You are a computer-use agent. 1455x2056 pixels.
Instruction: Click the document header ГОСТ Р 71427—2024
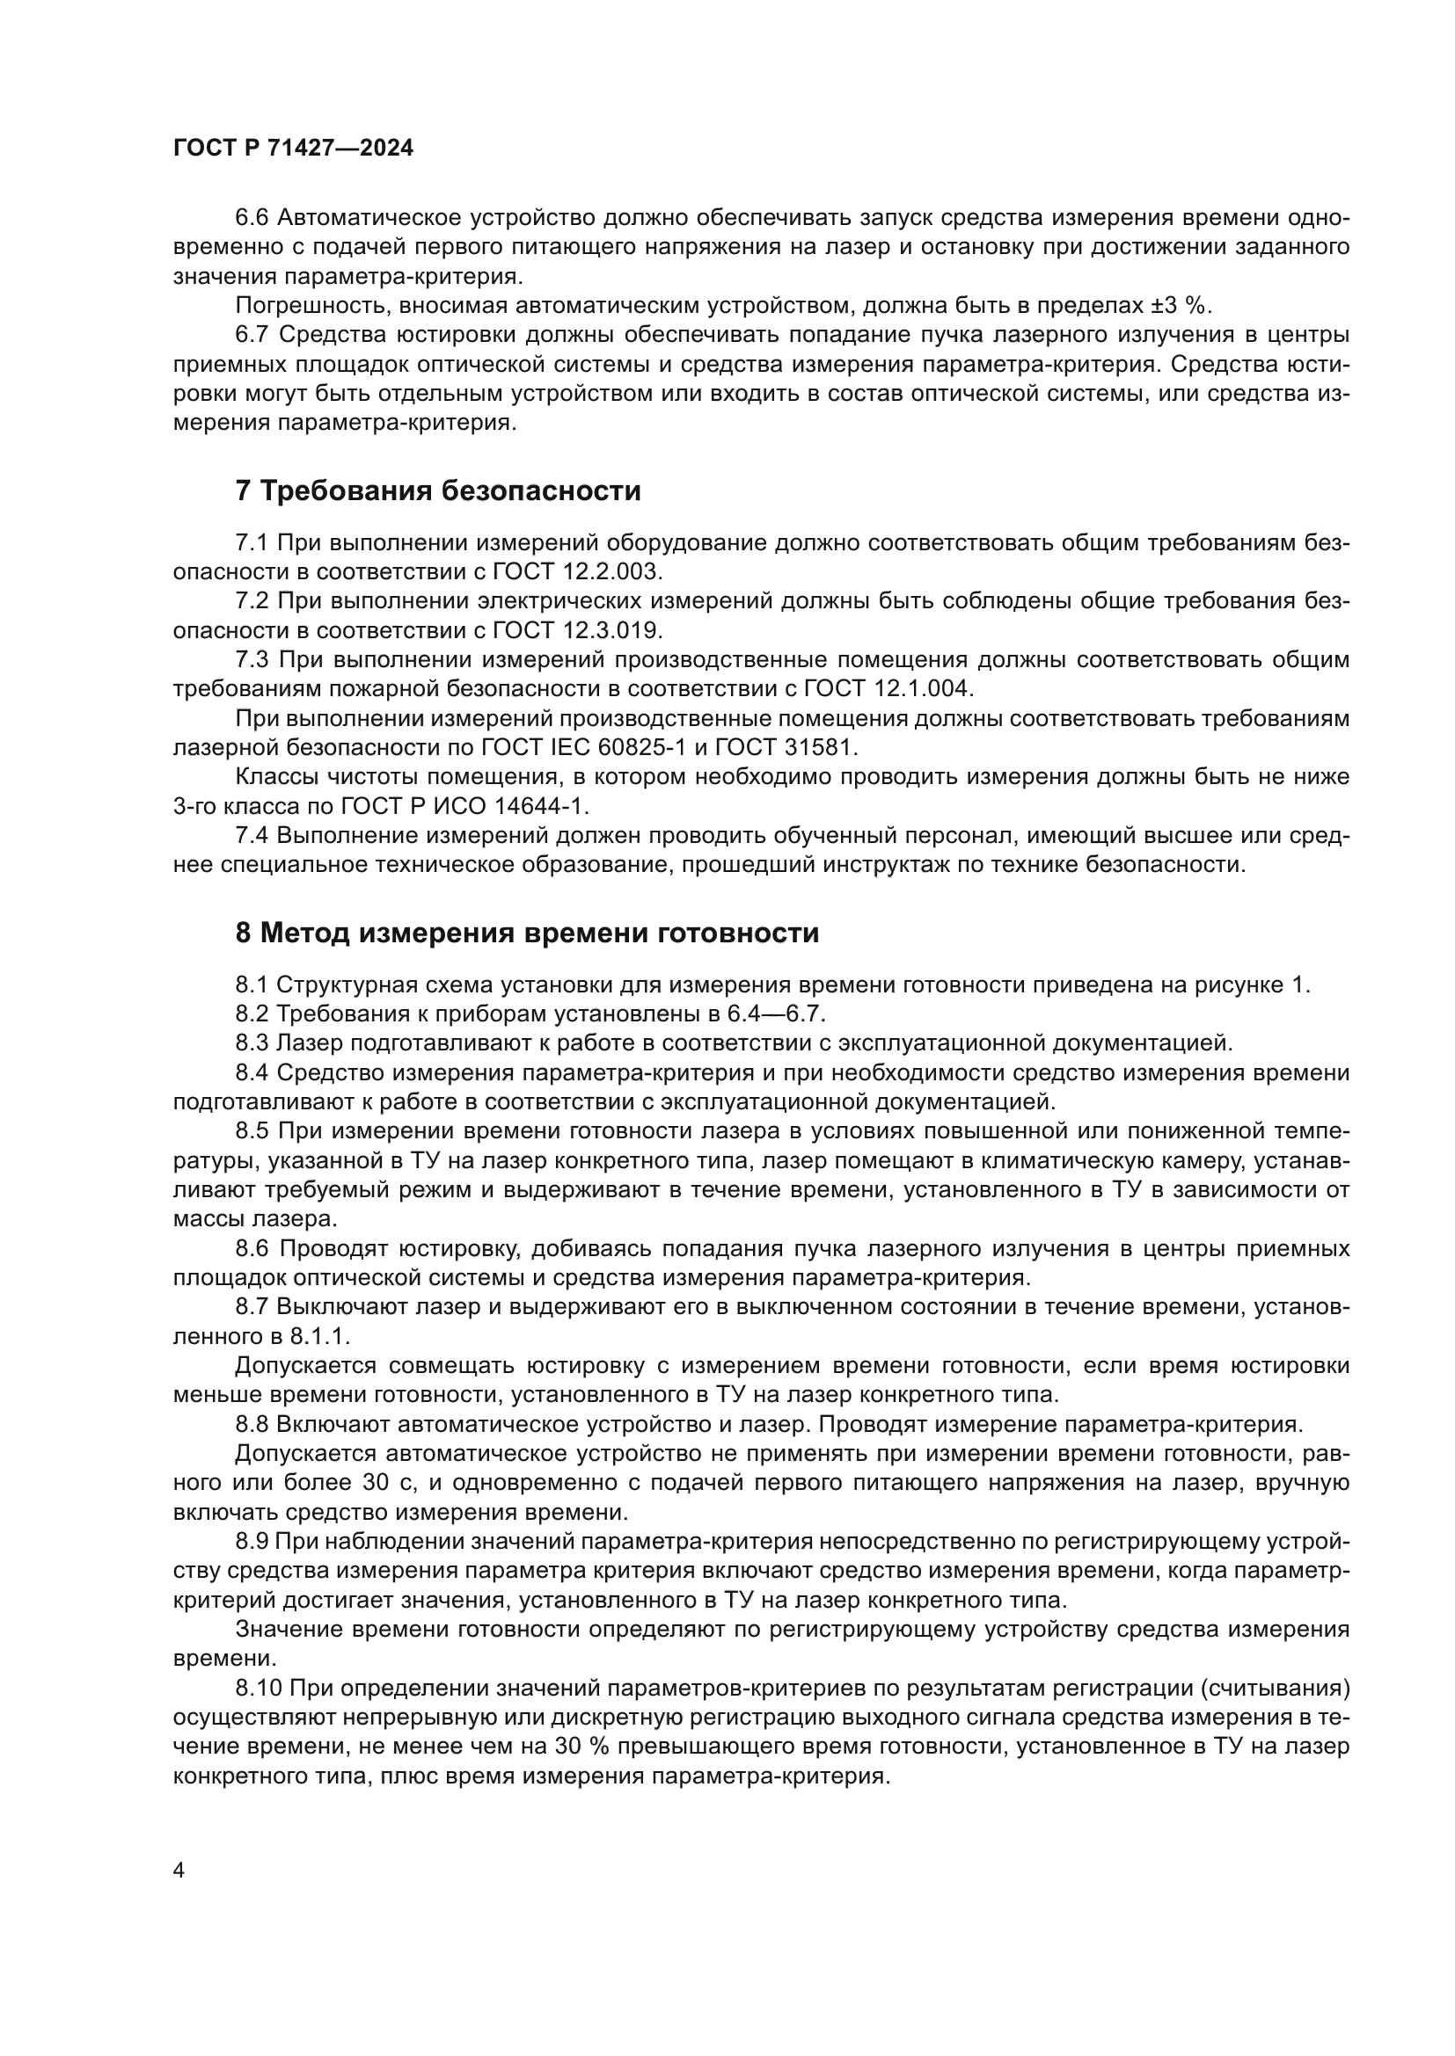(x=293, y=149)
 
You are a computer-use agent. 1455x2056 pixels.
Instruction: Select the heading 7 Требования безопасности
(x=438, y=490)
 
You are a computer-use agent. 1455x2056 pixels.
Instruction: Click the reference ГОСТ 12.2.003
(x=577, y=571)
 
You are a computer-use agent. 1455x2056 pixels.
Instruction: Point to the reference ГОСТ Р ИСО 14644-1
(x=464, y=806)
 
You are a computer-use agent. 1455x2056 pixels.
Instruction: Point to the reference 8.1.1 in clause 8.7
(x=318, y=1336)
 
